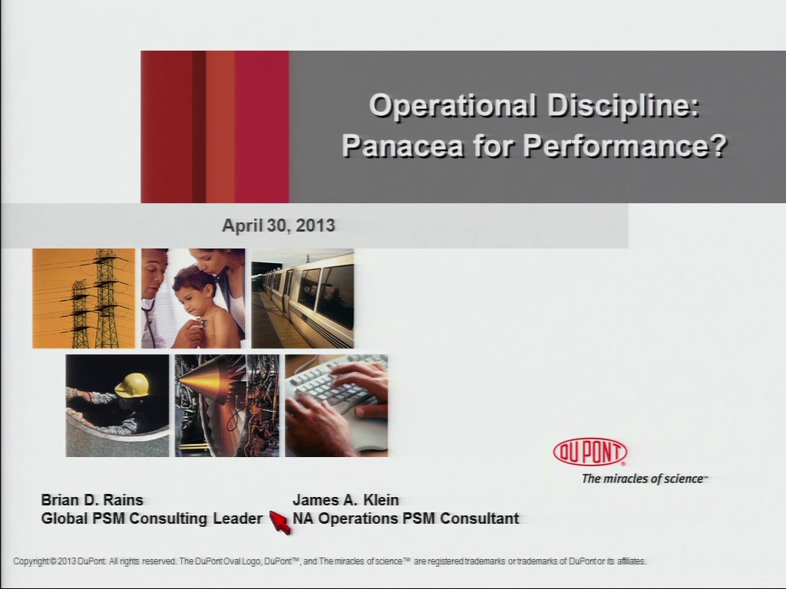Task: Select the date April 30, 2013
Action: [279, 225]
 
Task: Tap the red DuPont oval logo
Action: [590, 452]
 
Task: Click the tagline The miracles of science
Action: [645, 479]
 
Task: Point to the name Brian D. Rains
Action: [92, 500]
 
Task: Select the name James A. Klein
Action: [346, 500]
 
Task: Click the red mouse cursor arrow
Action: [279, 522]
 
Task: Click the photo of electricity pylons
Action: [84, 298]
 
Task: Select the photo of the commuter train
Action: [302, 298]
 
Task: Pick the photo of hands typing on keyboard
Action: [336, 406]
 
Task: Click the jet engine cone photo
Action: [227, 406]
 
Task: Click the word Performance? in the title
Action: [625, 146]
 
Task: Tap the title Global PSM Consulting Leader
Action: [152, 518]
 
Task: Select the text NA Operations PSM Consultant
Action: [406, 518]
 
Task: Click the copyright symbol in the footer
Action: [53, 561]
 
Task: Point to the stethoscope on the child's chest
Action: [202, 324]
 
